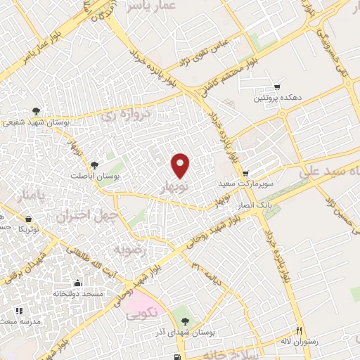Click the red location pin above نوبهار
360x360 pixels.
pyautogui.click(x=181, y=165)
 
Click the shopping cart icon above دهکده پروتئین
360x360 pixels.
pyautogui.click(x=277, y=87)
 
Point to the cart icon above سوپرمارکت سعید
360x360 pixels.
pyautogui.click(x=245, y=173)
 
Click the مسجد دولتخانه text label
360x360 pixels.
pyautogui.click(x=79, y=292)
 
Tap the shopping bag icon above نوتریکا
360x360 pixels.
pyautogui.click(x=28, y=219)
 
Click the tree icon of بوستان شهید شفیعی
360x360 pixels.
pyautogui.click(x=37, y=110)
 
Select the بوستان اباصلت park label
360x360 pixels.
pyautogui.click(x=96, y=175)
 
